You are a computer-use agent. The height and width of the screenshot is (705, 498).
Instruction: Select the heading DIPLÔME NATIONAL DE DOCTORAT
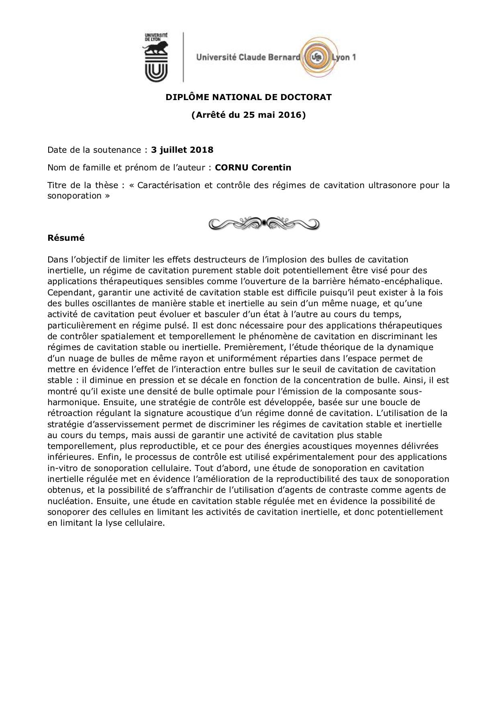(x=249, y=97)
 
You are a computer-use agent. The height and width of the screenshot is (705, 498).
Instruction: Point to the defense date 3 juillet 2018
(x=182, y=150)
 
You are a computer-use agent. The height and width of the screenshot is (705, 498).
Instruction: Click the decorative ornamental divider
(x=264, y=223)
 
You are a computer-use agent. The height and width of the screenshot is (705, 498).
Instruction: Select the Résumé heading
(x=66, y=238)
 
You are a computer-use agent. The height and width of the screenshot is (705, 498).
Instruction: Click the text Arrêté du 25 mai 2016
(x=249, y=115)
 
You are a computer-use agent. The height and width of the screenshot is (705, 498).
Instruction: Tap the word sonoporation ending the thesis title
(x=74, y=196)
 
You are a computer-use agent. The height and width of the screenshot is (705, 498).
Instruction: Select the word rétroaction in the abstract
(x=69, y=413)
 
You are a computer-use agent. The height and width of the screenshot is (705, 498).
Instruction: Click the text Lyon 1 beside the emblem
(x=344, y=57)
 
